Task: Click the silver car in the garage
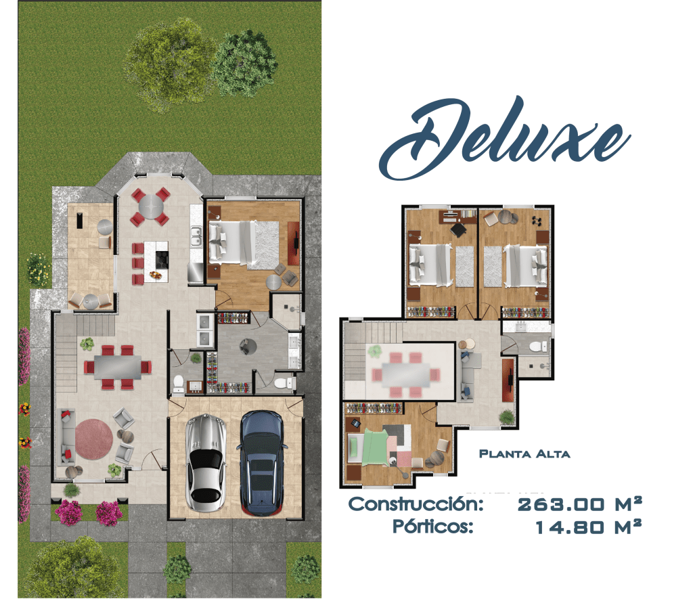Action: (x=205, y=463)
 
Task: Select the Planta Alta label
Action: (x=524, y=454)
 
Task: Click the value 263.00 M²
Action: (x=579, y=504)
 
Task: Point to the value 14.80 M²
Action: (x=588, y=527)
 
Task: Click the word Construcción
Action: (x=416, y=504)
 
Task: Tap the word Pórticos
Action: (x=433, y=527)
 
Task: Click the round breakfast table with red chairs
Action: (x=151, y=206)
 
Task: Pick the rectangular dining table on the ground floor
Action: (x=118, y=367)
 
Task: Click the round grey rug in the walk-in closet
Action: (x=248, y=347)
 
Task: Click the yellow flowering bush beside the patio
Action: (x=39, y=269)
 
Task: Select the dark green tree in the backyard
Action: (x=244, y=63)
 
